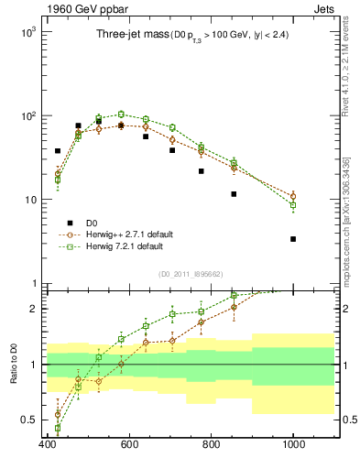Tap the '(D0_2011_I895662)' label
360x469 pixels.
pos(190,274)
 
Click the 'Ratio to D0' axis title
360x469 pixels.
pos(12,364)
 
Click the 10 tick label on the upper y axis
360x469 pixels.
pos(29,200)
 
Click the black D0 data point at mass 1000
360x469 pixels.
pos(293,239)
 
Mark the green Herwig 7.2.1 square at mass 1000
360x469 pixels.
pos(293,205)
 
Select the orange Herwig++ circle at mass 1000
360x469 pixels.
pos(293,196)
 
